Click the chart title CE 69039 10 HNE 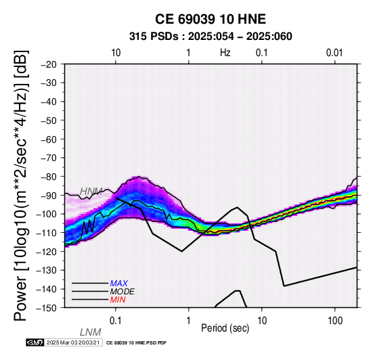click(211, 19)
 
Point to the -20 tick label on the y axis click(49, 64)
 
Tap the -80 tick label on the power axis click(49, 177)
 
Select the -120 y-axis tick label click(47, 252)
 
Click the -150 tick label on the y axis click(47, 308)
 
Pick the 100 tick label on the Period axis click(335, 320)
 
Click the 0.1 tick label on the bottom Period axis click(116, 320)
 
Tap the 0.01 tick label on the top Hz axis click(334, 53)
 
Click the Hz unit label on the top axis click(225, 53)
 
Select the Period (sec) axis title click(225, 328)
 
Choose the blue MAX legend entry click(119, 284)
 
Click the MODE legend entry click(123, 292)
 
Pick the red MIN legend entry click(118, 300)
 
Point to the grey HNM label click(91, 192)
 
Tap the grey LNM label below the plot click(91, 332)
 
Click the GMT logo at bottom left click(35, 342)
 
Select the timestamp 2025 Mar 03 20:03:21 click(73, 342)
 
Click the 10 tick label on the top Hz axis click(116, 53)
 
